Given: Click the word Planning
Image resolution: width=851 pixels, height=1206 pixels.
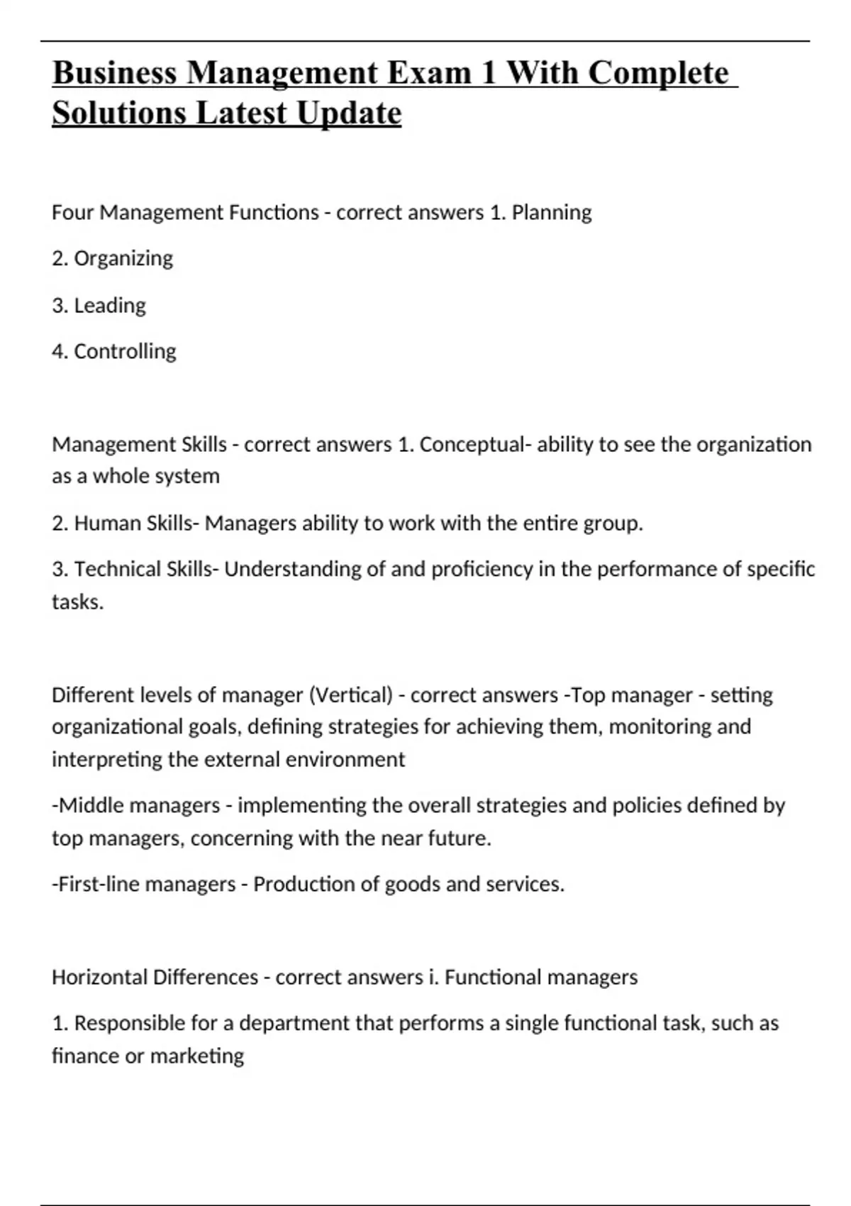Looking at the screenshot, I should (x=551, y=213).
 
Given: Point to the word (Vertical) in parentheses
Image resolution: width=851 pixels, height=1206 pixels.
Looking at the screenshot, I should (x=350, y=695).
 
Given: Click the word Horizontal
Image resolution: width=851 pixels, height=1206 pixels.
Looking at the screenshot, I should (x=99, y=978).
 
